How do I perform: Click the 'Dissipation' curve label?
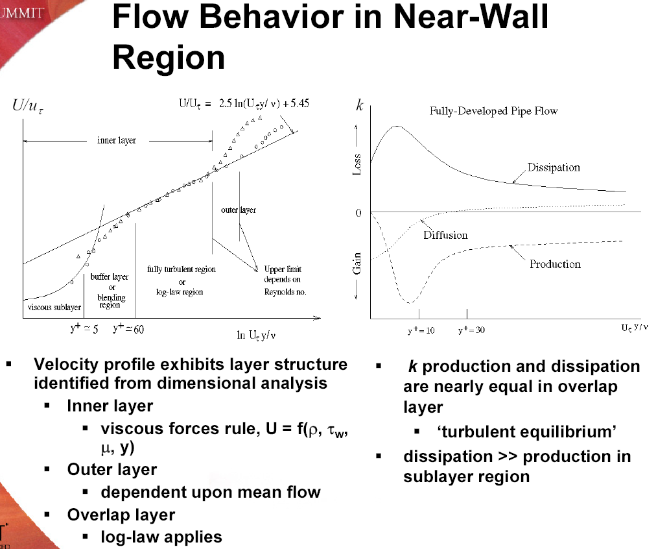554,167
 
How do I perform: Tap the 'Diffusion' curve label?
445,235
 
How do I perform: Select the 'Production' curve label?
555,264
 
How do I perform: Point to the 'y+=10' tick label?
421,330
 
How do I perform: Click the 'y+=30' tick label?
471,330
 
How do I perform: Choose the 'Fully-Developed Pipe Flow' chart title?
494,111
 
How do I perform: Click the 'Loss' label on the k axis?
357,165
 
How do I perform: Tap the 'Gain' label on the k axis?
357,263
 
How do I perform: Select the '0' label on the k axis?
358,213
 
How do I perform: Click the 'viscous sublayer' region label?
54,307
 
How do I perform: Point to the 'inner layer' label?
117,140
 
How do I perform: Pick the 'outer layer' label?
239,210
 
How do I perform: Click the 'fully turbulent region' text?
181,269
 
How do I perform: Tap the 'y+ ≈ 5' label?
84,328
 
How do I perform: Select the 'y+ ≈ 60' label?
128,328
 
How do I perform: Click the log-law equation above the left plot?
244,103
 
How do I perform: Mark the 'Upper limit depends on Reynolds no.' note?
285,280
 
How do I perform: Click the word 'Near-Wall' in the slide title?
471,17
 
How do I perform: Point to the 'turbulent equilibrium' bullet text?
527,432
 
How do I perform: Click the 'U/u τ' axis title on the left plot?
28,106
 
